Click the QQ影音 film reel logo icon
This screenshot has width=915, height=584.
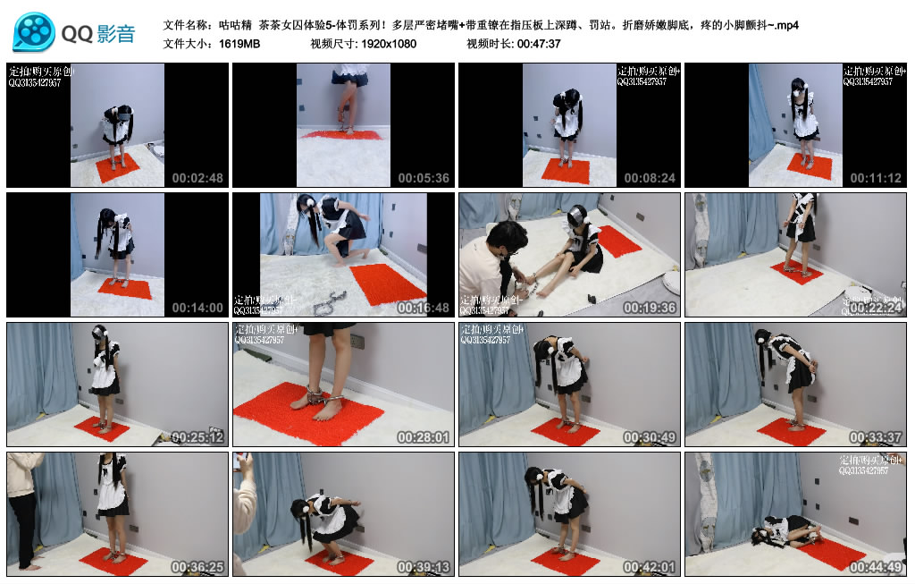(34, 32)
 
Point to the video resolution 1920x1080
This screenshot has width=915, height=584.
(389, 44)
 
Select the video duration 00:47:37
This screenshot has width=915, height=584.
(537, 44)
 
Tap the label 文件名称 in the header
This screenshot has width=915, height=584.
(186, 25)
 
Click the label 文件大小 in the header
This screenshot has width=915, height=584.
(186, 44)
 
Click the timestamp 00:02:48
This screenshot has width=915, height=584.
(197, 178)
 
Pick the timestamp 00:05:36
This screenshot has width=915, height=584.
(424, 178)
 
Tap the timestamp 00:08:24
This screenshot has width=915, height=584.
(650, 178)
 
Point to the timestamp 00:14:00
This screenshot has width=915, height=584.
(197, 308)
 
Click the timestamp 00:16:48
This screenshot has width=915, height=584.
(424, 308)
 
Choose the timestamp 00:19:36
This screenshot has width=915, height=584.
(650, 308)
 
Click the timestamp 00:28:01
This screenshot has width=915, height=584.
(424, 437)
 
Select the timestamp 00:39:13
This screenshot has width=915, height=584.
(424, 567)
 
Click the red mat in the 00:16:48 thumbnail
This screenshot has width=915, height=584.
(388, 284)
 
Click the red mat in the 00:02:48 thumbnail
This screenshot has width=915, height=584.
(118, 167)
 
